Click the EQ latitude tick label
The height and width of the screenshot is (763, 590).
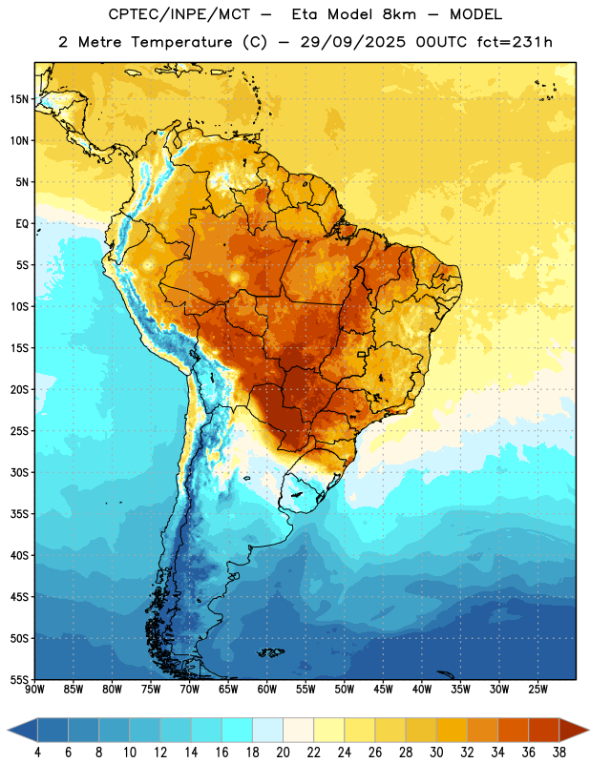[x=22, y=224]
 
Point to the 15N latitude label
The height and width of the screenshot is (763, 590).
[x=19, y=99]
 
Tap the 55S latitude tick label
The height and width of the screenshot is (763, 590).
[x=19, y=679]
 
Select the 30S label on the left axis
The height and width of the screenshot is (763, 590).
[x=19, y=472]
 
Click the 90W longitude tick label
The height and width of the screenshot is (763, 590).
[x=35, y=690]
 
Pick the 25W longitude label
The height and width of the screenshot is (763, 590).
[x=537, y=690]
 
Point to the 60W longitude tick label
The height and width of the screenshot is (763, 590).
[x=267, y=690]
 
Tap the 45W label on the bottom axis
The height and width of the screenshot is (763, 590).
[x=384, y=690]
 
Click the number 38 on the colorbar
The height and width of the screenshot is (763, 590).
[x=559, y=753]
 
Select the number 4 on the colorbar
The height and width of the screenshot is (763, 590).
[x=37, y=753]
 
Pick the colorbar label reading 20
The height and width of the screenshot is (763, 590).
[x=283, y=753]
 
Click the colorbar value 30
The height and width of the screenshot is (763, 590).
[x=436, y=753]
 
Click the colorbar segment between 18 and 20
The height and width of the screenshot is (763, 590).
[x=268, y=730]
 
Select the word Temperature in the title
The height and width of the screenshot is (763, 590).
[x=181, y=42]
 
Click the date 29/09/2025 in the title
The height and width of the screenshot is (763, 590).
[x=352, y=42]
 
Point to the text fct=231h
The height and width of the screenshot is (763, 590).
[x=515, y=42]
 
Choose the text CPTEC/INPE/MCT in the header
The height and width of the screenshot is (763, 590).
[x=179, y=14]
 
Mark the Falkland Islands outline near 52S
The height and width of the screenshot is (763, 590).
[x=271, y=652]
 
